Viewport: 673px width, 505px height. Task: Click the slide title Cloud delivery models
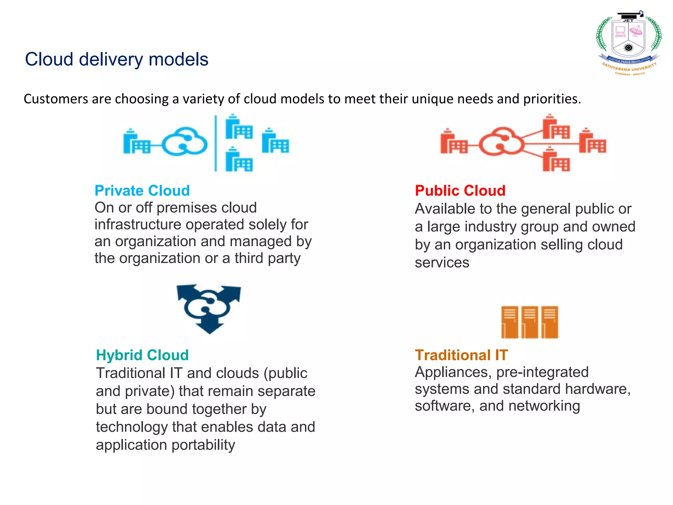(x=117, y=60)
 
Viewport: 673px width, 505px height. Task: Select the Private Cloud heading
(x=142, y=191)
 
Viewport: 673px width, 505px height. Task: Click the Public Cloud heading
(x=460, y=191)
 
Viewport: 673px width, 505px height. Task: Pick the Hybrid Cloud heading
(x=142, y=355)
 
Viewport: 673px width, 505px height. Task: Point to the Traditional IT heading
(x=461, y=355)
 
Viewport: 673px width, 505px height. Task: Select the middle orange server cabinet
(x=529, y=322)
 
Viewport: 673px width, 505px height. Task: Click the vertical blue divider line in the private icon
(x=216, y=143)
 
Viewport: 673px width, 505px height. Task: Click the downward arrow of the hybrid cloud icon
(x=209, y=327)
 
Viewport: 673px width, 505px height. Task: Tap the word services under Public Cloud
(x=442, y=263)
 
